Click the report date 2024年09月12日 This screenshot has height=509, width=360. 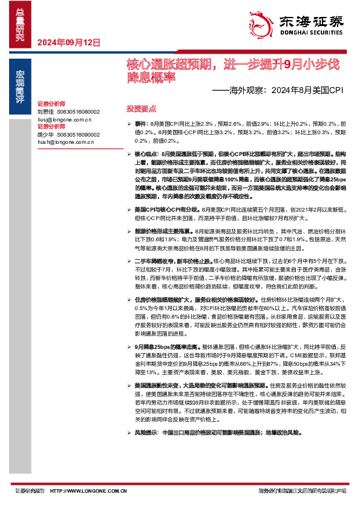coord(68,42)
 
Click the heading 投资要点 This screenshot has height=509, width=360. coord(141,108)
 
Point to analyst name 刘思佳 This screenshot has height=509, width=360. coord(45,112)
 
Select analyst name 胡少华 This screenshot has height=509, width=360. coord(45,135)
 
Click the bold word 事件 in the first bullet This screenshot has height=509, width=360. coord(140,123)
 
